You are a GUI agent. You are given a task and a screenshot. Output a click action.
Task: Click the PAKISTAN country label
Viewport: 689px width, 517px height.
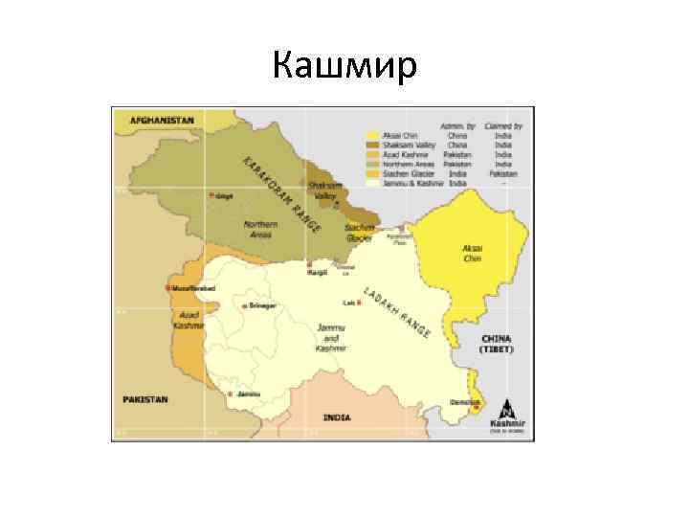(x=144, y=398)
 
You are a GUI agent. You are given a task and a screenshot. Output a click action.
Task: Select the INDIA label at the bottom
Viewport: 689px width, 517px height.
(x=336, y=417)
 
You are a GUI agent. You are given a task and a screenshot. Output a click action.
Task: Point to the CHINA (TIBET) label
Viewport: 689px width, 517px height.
(x=498, y=344)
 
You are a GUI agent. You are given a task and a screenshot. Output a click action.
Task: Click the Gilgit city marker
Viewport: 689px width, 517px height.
(x=211, y=195)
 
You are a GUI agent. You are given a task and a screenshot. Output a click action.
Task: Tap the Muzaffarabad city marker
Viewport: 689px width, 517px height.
(x=168, y=287)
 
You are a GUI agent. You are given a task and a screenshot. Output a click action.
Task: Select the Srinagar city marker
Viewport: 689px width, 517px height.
(x=243, y=305)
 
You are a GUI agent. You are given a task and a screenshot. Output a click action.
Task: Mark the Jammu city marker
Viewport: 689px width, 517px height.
(x=230, y=393)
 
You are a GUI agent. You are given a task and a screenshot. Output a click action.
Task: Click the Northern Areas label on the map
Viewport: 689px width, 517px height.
(x=260, y=229)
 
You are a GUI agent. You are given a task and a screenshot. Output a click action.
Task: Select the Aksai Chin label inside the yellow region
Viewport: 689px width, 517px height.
(x=472, y=253)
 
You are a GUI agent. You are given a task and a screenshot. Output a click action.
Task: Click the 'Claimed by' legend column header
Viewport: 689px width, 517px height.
(x=503, y=125)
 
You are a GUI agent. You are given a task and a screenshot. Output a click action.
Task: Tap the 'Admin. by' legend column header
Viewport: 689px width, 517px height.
(x=457, y=125)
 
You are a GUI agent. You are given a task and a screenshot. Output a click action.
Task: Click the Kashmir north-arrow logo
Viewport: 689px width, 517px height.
(x=506, y=413)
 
